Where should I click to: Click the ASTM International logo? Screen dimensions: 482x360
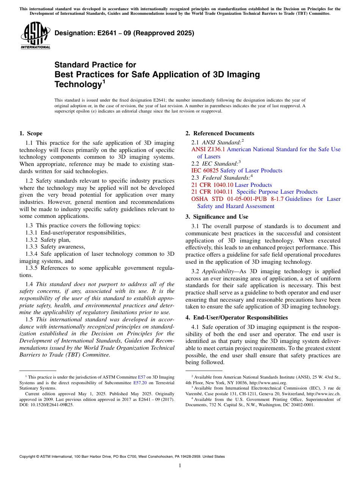click(35, 36)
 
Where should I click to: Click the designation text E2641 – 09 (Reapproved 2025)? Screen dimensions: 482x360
click(124, 33)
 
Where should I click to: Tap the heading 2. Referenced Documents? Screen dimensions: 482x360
click(220, 133)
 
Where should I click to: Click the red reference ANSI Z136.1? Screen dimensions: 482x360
click(208, 149)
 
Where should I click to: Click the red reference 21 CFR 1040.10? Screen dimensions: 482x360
click(212, 185)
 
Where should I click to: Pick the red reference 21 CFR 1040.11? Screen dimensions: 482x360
click(212, 192)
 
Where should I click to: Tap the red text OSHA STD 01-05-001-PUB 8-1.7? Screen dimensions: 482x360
click(237, 199)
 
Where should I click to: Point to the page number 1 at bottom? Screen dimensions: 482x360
click(180, 466)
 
